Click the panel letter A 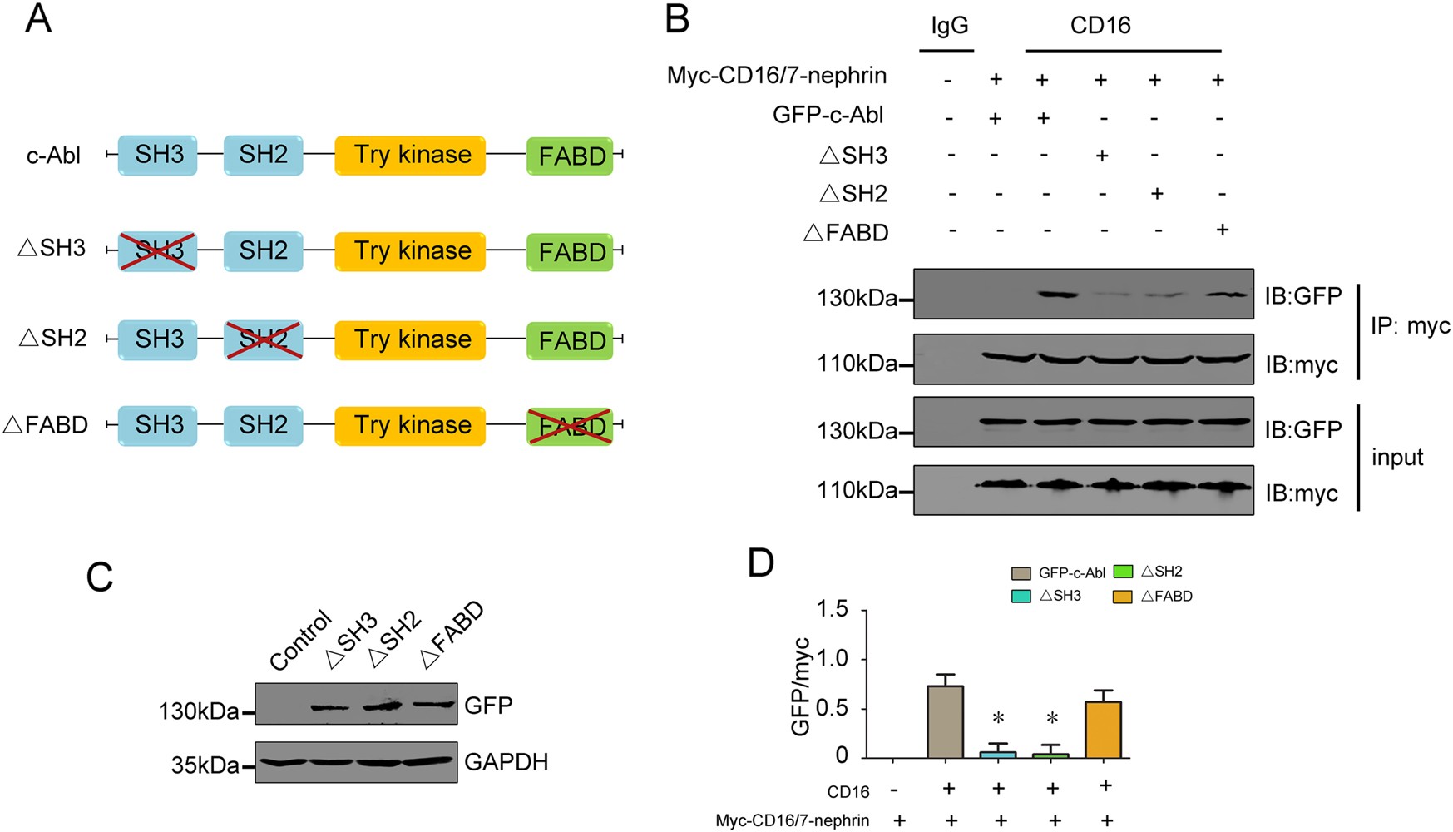click(38, 18)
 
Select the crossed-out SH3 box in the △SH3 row click(158, 251)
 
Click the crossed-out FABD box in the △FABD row click(571, 426)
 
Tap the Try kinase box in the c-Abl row click(410, 156)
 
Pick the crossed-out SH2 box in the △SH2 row click(263, 339)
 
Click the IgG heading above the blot click(948, 26)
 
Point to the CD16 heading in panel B click(1100, 26)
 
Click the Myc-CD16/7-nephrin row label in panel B click(776, 77)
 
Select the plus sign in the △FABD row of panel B click(1221, 230)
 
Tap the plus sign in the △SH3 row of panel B click(1101, 155)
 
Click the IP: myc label click(1410, 326)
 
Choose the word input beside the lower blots click(1397, 458)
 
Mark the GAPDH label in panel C click(506, 762)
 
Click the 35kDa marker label click(205, 765)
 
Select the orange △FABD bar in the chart click(1104, 730)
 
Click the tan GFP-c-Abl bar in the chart click(946, 721)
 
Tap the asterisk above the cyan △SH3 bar click(998, 718)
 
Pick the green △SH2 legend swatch click(1123, 572)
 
